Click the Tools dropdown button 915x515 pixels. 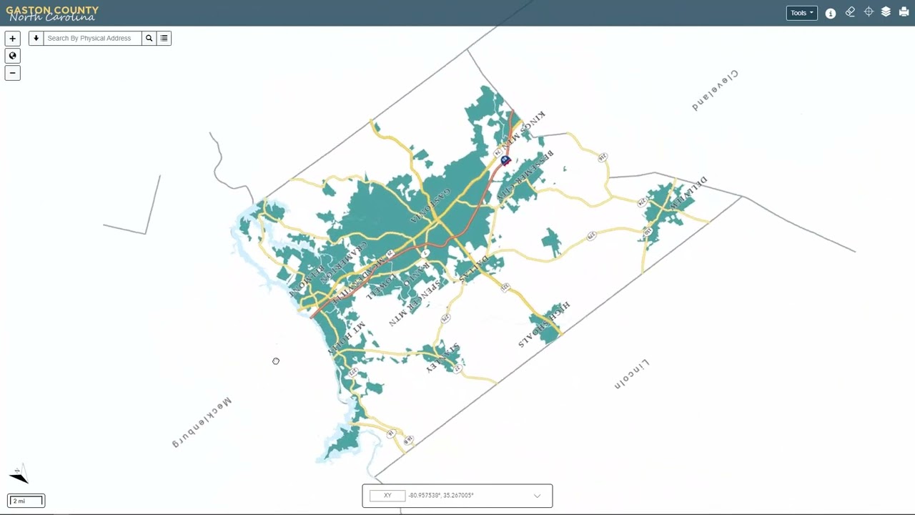801,13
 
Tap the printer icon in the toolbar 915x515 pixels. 904,12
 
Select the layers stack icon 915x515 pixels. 886,12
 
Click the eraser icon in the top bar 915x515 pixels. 850,12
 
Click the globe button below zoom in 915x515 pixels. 12,56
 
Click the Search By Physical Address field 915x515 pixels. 93,39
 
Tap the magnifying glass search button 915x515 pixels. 149,39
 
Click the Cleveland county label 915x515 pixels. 714,90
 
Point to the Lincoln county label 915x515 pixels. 632,374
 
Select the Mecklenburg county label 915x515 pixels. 202,421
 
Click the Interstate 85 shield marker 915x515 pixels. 505,160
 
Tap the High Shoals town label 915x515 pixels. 544,324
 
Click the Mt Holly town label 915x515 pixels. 347,338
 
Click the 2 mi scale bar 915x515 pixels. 26,501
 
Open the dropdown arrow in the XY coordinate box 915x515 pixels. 537,496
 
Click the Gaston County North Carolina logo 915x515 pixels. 52,13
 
